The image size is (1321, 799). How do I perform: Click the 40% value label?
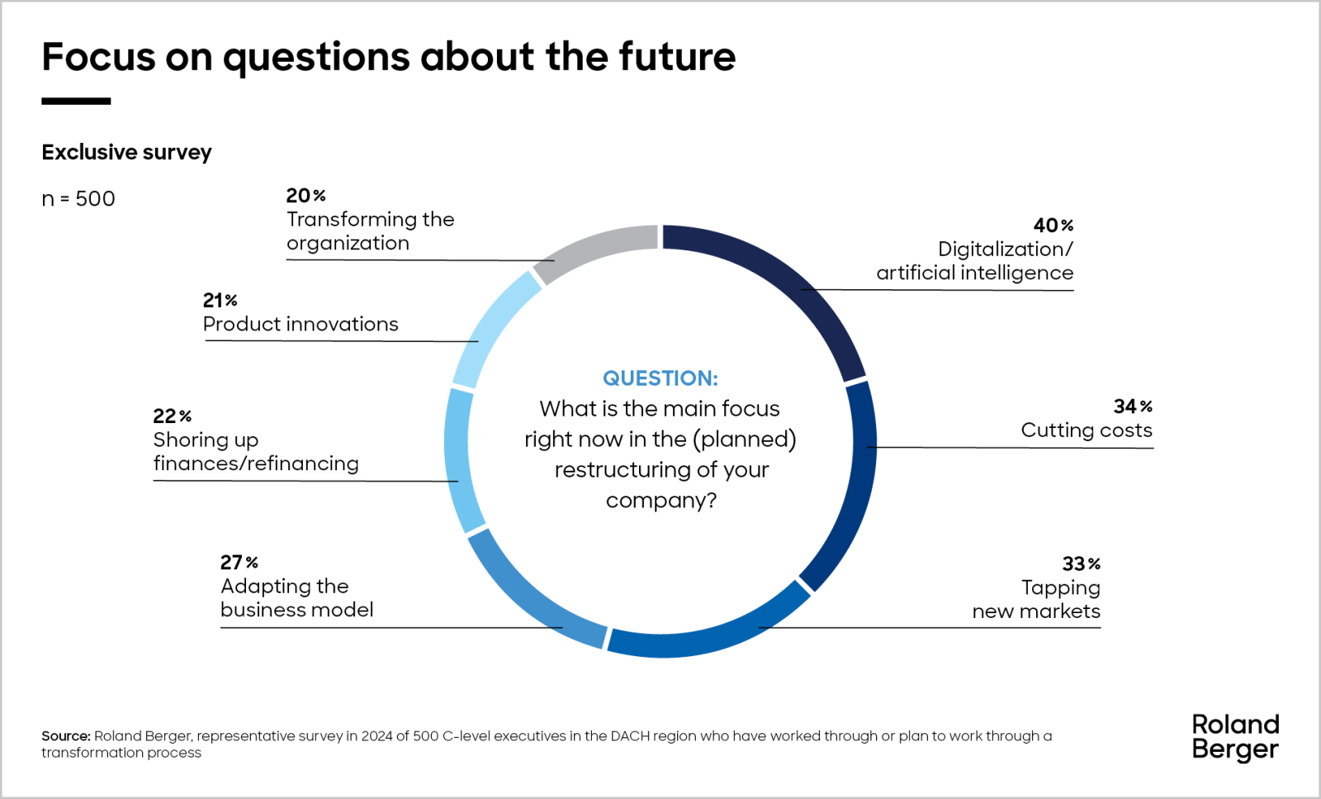1053,226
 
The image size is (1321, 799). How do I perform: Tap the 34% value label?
1132,407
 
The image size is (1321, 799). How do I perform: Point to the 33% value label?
1081,564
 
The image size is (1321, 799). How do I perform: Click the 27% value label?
239,563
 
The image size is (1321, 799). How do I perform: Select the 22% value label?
172,416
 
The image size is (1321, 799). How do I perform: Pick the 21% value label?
220,301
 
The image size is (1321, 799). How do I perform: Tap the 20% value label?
305,196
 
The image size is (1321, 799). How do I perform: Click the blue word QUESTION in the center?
660,378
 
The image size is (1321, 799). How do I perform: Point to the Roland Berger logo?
1235,737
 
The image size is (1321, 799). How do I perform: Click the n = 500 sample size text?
78,199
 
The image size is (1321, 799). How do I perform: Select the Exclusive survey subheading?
126,153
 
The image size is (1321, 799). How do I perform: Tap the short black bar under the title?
76,102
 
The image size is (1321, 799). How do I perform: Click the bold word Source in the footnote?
66,736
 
